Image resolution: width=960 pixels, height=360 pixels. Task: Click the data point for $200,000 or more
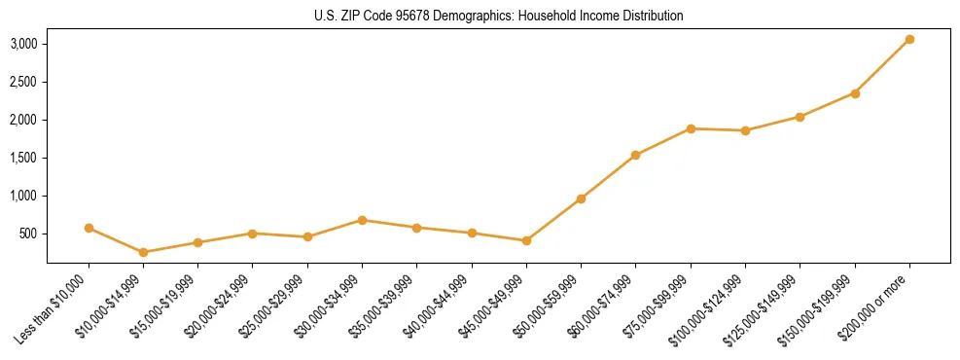click(909, 40)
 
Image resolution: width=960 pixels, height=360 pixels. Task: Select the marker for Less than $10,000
click(89, 229)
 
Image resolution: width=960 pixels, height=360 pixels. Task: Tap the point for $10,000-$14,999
click(144, 252)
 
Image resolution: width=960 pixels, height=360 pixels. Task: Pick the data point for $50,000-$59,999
click(581, 198)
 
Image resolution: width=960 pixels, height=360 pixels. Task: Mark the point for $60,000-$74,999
click(635, 155)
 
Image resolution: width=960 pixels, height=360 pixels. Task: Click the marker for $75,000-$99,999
click(691, 128)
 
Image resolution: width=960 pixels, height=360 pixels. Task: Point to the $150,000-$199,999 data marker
click(855, 93)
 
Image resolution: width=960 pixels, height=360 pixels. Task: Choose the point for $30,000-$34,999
click(362, 220)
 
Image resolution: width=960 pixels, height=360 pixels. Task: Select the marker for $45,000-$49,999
click(526, 240)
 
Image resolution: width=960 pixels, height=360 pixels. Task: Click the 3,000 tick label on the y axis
click(24, 44)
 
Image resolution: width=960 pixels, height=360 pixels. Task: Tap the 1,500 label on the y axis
click(24, 158)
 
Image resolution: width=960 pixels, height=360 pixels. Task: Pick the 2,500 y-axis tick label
click(24, 82)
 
